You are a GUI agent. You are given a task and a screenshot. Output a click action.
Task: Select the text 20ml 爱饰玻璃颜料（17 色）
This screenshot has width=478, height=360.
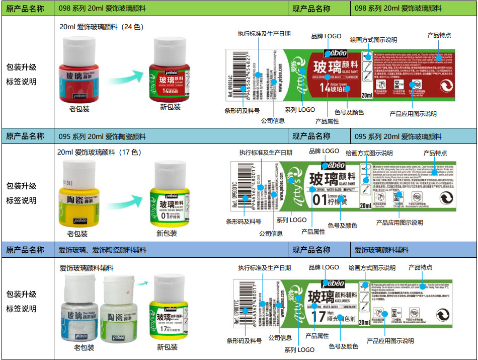pyautogui.click(x=99, y=152)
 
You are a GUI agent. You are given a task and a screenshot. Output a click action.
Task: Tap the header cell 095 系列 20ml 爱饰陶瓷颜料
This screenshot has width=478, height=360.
pyautogui.click(x=102, y=136)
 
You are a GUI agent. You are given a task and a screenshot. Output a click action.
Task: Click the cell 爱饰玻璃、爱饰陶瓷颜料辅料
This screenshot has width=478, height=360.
pyautogui.click(x=102, y=250)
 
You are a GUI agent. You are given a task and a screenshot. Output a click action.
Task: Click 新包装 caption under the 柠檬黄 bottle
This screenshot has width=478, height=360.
pyautogui.click(x=167, y=233)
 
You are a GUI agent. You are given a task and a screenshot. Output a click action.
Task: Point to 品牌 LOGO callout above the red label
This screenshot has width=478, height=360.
pyautogui.click(x=326, y=36)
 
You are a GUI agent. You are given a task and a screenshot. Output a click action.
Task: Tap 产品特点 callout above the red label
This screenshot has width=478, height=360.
pyautogui.click(x=439, y=35)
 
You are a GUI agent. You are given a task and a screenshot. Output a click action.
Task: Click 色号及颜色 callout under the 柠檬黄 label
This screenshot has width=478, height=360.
pyautogui.click(x=342, y=226)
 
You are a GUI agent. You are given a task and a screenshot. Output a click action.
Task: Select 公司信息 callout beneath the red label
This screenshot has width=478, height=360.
pyautogui.click(x=272, y=121)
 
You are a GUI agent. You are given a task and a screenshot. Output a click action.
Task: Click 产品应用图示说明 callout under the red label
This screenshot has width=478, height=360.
pyautogui.click(x=413, y=114)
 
